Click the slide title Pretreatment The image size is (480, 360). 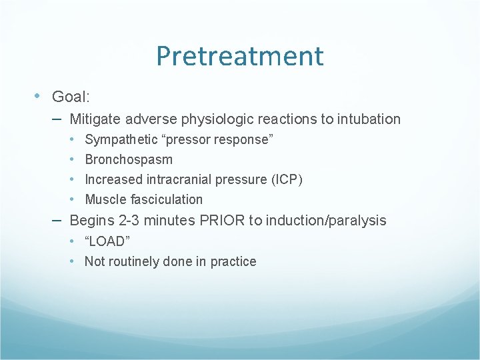click(x=239, y=56)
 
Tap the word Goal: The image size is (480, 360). click(x=71, y=97)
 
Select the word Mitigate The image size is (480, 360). click(x=94, y=119)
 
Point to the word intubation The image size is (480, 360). click(x=369, y=119)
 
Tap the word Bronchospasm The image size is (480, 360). click(x=129, y=159)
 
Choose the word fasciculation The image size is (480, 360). click(x=163, y=199)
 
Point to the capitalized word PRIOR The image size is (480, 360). click(x=222, y=221)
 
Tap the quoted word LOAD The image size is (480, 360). click(x=107, y=241)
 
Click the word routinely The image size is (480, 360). click(x=133, y=261)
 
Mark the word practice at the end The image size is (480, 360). click(x=233, y=261)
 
